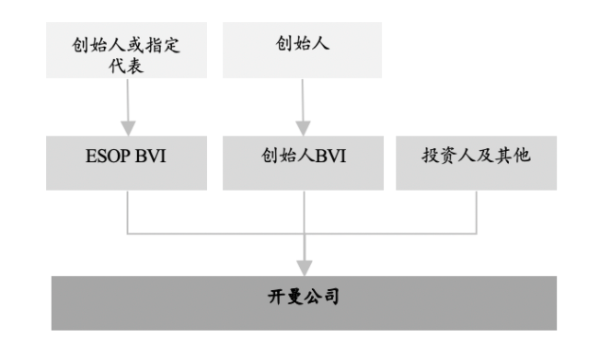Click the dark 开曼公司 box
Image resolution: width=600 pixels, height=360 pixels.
pyautogui.click(x=304, y=299)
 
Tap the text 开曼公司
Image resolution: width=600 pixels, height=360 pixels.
pyautogui.click(x=304, y=299)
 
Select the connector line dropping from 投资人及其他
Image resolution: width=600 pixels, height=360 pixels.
pyautogui.click(x=477, y=210)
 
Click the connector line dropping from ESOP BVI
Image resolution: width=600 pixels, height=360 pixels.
pyautogui.click(x=127, y=210)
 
